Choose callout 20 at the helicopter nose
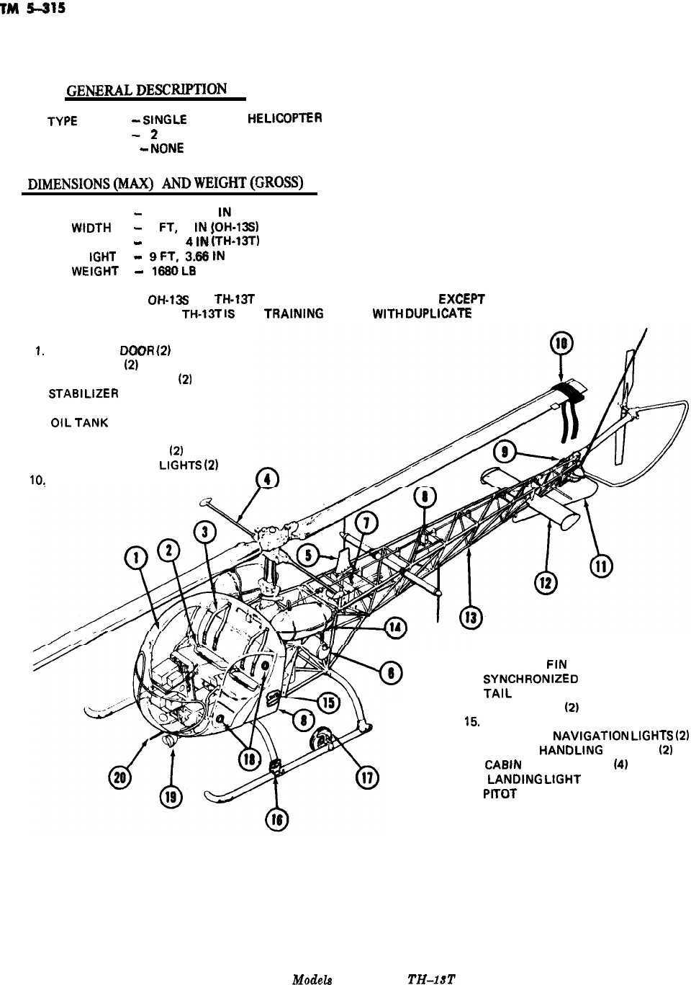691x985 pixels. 117,775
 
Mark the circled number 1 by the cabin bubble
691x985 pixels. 137,556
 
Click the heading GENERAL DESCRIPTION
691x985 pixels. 147,90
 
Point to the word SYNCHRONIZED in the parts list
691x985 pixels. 530,679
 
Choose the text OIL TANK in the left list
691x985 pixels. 79,424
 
